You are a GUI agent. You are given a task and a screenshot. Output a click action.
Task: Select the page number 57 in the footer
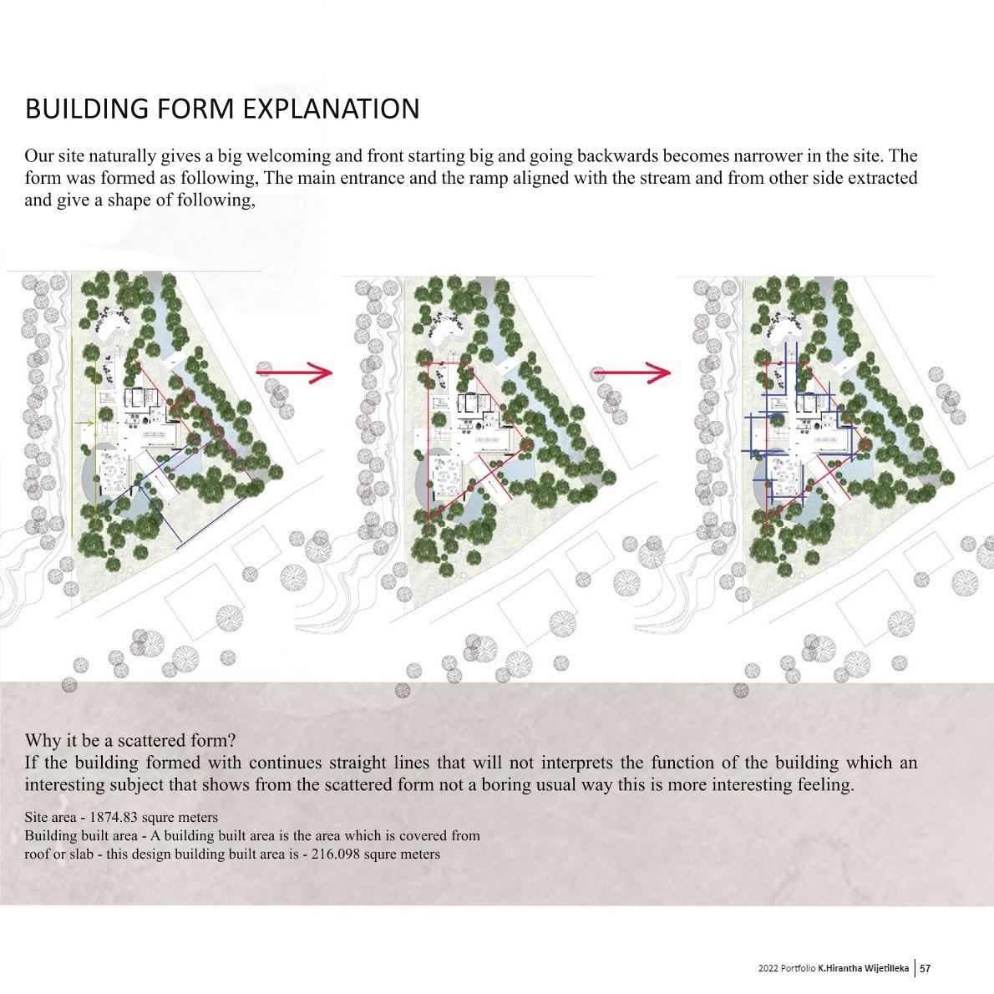pos(926,968)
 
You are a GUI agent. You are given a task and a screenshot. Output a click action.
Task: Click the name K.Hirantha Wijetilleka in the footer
pos(864,968)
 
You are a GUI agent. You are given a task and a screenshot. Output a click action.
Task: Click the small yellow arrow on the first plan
pos(84,423)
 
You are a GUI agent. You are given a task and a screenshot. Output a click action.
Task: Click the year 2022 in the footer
pos(768,968)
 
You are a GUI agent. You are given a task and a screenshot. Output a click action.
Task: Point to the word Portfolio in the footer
pos(797,968)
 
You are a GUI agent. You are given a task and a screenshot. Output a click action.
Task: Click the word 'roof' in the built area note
pos(38,854)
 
